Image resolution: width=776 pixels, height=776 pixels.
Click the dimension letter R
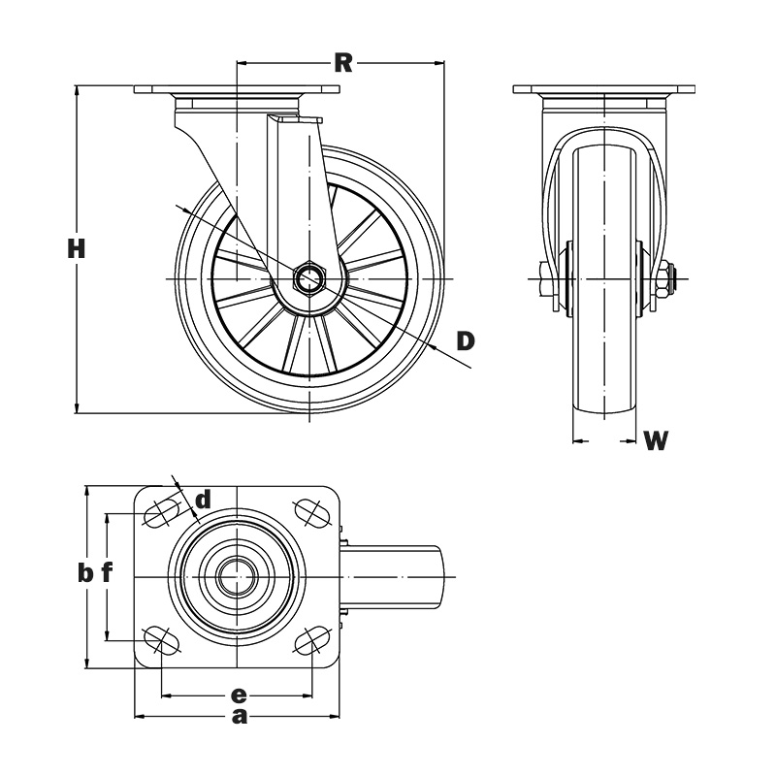click(x=342, y=63)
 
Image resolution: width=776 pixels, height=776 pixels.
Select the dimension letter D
click(x=466, y=340)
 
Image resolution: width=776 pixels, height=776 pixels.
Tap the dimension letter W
click(x=657, y=441)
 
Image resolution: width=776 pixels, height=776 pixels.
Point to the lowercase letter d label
click(x=203, y=501)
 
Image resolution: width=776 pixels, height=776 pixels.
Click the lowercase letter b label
click(x=85, y=573)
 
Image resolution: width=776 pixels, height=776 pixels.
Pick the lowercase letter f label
click(x=108, y=573)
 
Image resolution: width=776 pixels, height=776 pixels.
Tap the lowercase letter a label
click(x=239, y=717)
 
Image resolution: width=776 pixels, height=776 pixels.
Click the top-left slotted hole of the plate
click(x=162, y=511)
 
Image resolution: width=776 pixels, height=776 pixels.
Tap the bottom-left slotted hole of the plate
click(x=162, y=640)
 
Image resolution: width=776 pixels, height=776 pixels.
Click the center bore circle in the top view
click(x=237, y=576)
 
